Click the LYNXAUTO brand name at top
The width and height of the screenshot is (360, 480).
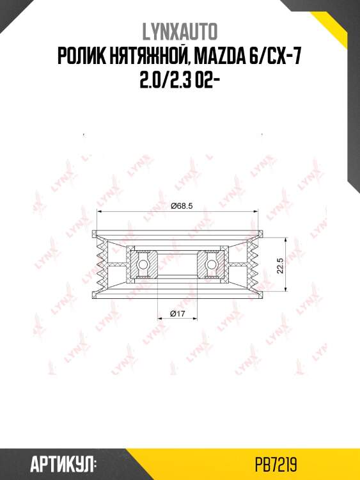coord(180,32)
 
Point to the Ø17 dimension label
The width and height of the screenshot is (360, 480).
coord(177,314)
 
